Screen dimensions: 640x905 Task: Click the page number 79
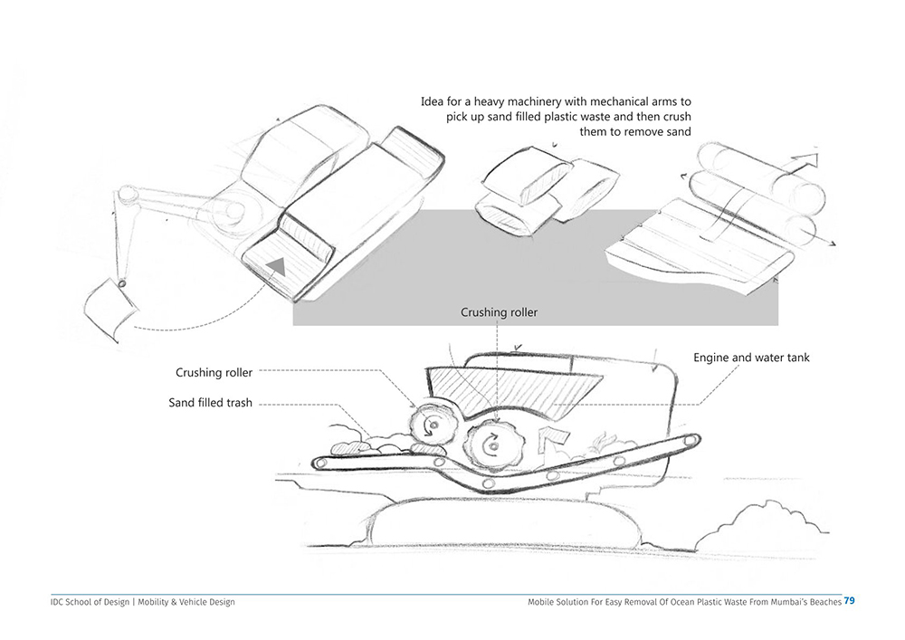(x=850, y=601)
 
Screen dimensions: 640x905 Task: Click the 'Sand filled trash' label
(x=210, y=403)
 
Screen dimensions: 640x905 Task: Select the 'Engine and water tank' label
(x=751, y=358)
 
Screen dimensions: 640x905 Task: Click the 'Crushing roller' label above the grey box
(x=499, y=312)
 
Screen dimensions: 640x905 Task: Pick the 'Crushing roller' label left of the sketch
(x=214, y=372)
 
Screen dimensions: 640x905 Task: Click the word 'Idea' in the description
(x=433, y=101)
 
